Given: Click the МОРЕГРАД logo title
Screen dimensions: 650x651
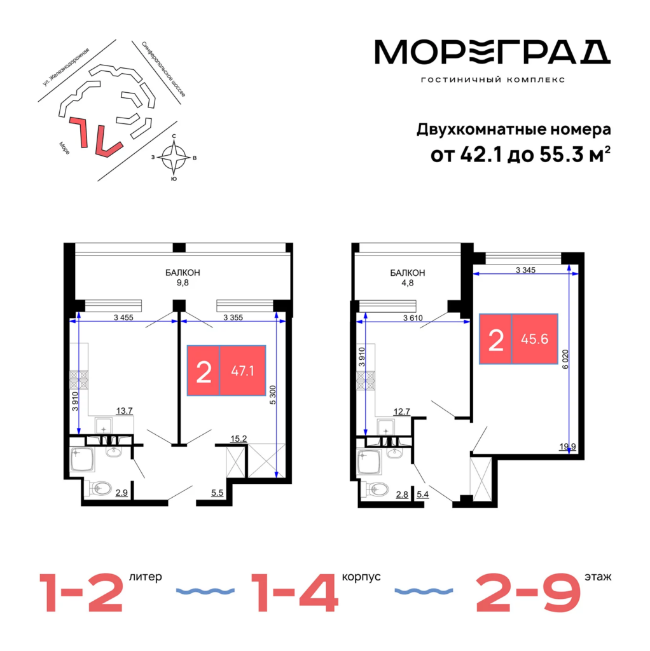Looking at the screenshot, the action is point(492,52).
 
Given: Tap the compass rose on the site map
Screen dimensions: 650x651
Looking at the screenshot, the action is point(174,158).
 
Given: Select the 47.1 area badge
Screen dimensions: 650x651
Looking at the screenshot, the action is point(226,371).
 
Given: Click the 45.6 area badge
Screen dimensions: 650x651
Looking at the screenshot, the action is point(518,339).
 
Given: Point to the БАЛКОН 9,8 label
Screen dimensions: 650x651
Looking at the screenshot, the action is point(183,278).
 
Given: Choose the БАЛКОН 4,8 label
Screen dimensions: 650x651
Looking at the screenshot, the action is point(408,278).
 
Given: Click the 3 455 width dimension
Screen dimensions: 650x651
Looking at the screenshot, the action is point(123,318).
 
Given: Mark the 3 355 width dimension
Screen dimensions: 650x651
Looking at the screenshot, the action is point(233,318).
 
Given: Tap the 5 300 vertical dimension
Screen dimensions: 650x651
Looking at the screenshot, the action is point(272,395).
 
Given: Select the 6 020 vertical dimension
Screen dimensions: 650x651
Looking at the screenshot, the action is point(565,359).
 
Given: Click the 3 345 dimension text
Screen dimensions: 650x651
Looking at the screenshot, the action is point(525,270).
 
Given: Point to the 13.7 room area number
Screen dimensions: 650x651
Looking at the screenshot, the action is point(124,411).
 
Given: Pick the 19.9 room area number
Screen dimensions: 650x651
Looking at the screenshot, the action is point(567,447).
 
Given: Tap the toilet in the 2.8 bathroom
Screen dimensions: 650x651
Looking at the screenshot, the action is point(375,489).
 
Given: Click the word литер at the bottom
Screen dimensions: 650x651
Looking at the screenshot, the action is point(146,577).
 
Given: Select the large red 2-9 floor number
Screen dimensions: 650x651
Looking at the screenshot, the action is point(529,593).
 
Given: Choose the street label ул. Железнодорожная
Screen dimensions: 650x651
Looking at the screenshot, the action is point(66,67).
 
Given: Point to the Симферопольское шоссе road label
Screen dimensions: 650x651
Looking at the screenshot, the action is point(163,69).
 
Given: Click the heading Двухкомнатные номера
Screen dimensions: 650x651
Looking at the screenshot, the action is point(514,130).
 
